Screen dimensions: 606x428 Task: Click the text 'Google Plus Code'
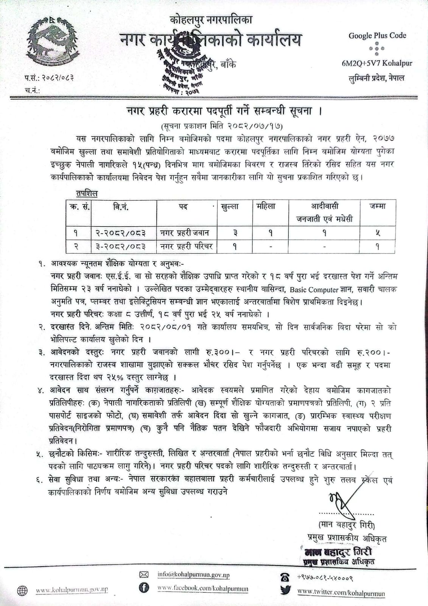pyautogui.click(x=377, y=36)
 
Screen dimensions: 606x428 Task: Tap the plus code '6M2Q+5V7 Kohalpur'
pyautogui.click(x=377, y=63)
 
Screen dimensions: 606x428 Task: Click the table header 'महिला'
pyautogui.click(x=266, y=206)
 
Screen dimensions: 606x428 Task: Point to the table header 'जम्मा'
pyautogui.click(x=377, y=206)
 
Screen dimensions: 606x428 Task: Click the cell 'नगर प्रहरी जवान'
pyautogui.click(x=184, y=233)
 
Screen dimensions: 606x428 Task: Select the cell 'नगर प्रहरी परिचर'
pyautogui.click(x=186, y=247)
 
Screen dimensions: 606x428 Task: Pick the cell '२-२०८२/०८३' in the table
pyautogui.click(x=120, y=233)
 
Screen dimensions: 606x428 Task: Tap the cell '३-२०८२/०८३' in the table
pyautogui.click(x=120, y=247)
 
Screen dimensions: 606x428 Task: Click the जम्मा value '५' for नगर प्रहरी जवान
pyautogui.click(x=377, y=233)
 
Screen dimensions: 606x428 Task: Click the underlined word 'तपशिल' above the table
pyautogui.click(x=87, y=194)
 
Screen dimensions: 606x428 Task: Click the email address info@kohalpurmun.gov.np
pyautogui.click(x=193, y=575)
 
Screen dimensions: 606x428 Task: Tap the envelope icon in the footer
pyautogui.click(x=144, y=575)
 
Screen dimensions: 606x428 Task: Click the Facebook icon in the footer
pyautogui.click(x=144, y=588)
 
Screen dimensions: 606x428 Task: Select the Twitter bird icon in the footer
pyautogui.click(x=285, y=590)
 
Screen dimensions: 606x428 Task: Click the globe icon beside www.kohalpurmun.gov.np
pyautogui.click(x=22, y=590)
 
